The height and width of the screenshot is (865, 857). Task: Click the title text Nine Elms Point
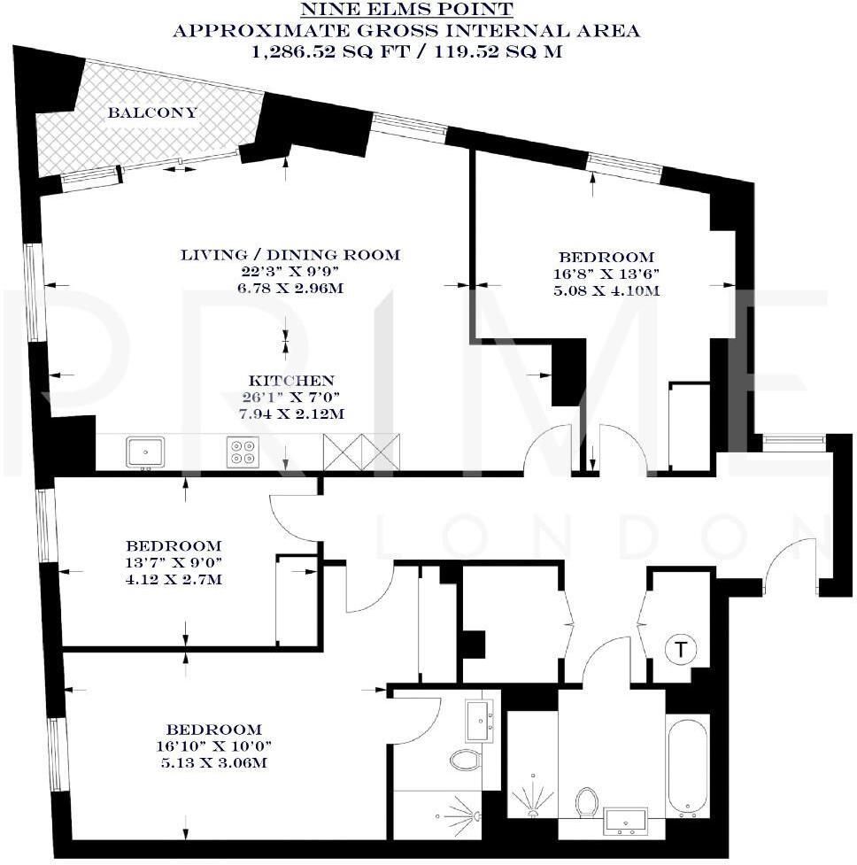[x=406, y=11]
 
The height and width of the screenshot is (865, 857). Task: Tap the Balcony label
[x=152, y=113]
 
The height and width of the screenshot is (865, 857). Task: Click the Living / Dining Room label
[x=290, y=255]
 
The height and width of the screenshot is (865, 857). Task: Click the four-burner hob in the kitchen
[x=242, y=452]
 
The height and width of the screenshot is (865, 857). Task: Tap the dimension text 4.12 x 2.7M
[x=173, y=580]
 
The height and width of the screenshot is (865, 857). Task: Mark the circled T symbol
[x=680, y=651]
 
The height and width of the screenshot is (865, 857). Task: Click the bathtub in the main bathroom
[x=687, y=767]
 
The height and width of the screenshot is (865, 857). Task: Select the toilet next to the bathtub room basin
[x=586, y=801]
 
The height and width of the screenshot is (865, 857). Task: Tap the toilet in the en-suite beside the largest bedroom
[x=464, y=759]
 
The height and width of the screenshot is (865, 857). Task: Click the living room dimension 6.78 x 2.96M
[x=290, y=290]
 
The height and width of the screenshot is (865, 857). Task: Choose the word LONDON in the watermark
[x=602, y=538]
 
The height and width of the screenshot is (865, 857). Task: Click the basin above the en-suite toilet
[x=482, y=720]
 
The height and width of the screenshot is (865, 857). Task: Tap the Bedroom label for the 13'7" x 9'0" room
[x=173, y=545]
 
